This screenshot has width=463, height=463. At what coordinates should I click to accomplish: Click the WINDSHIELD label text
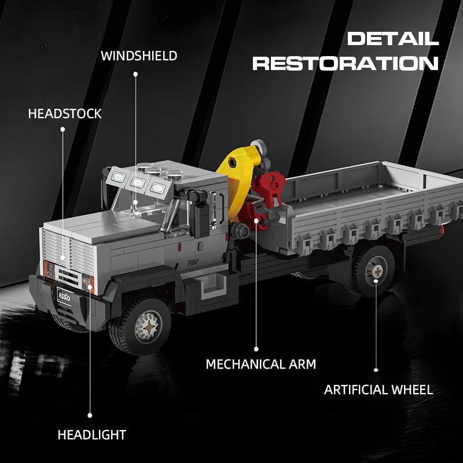(139, 56)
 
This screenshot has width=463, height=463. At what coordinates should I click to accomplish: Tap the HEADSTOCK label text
(65, 113)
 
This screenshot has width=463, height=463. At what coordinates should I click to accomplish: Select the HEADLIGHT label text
(92, 435)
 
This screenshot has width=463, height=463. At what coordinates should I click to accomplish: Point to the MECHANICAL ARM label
(261, 364)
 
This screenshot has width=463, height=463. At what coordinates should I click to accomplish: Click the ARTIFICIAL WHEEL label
(379, 389)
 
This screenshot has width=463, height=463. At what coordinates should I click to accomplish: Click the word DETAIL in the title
(393, 39)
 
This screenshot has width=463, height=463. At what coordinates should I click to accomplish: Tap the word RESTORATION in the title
(346, 63)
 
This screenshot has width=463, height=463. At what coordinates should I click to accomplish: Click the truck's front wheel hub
(148, 327)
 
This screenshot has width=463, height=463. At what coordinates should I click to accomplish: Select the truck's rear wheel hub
(377, 271)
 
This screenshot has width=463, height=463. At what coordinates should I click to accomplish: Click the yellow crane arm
(239, 177)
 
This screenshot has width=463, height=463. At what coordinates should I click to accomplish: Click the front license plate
(64, 296)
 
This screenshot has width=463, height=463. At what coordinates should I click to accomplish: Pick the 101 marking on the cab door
(193, 263)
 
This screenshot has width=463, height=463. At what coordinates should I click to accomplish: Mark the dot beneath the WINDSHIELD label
(135, 74)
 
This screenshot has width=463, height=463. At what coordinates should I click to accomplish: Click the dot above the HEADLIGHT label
(90, 416)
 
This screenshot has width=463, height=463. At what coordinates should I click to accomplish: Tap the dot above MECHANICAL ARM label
(256, 349)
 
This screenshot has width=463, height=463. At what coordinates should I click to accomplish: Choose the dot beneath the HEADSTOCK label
(63, 129)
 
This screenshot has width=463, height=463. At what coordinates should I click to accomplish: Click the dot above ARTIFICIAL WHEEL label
(376, 370)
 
